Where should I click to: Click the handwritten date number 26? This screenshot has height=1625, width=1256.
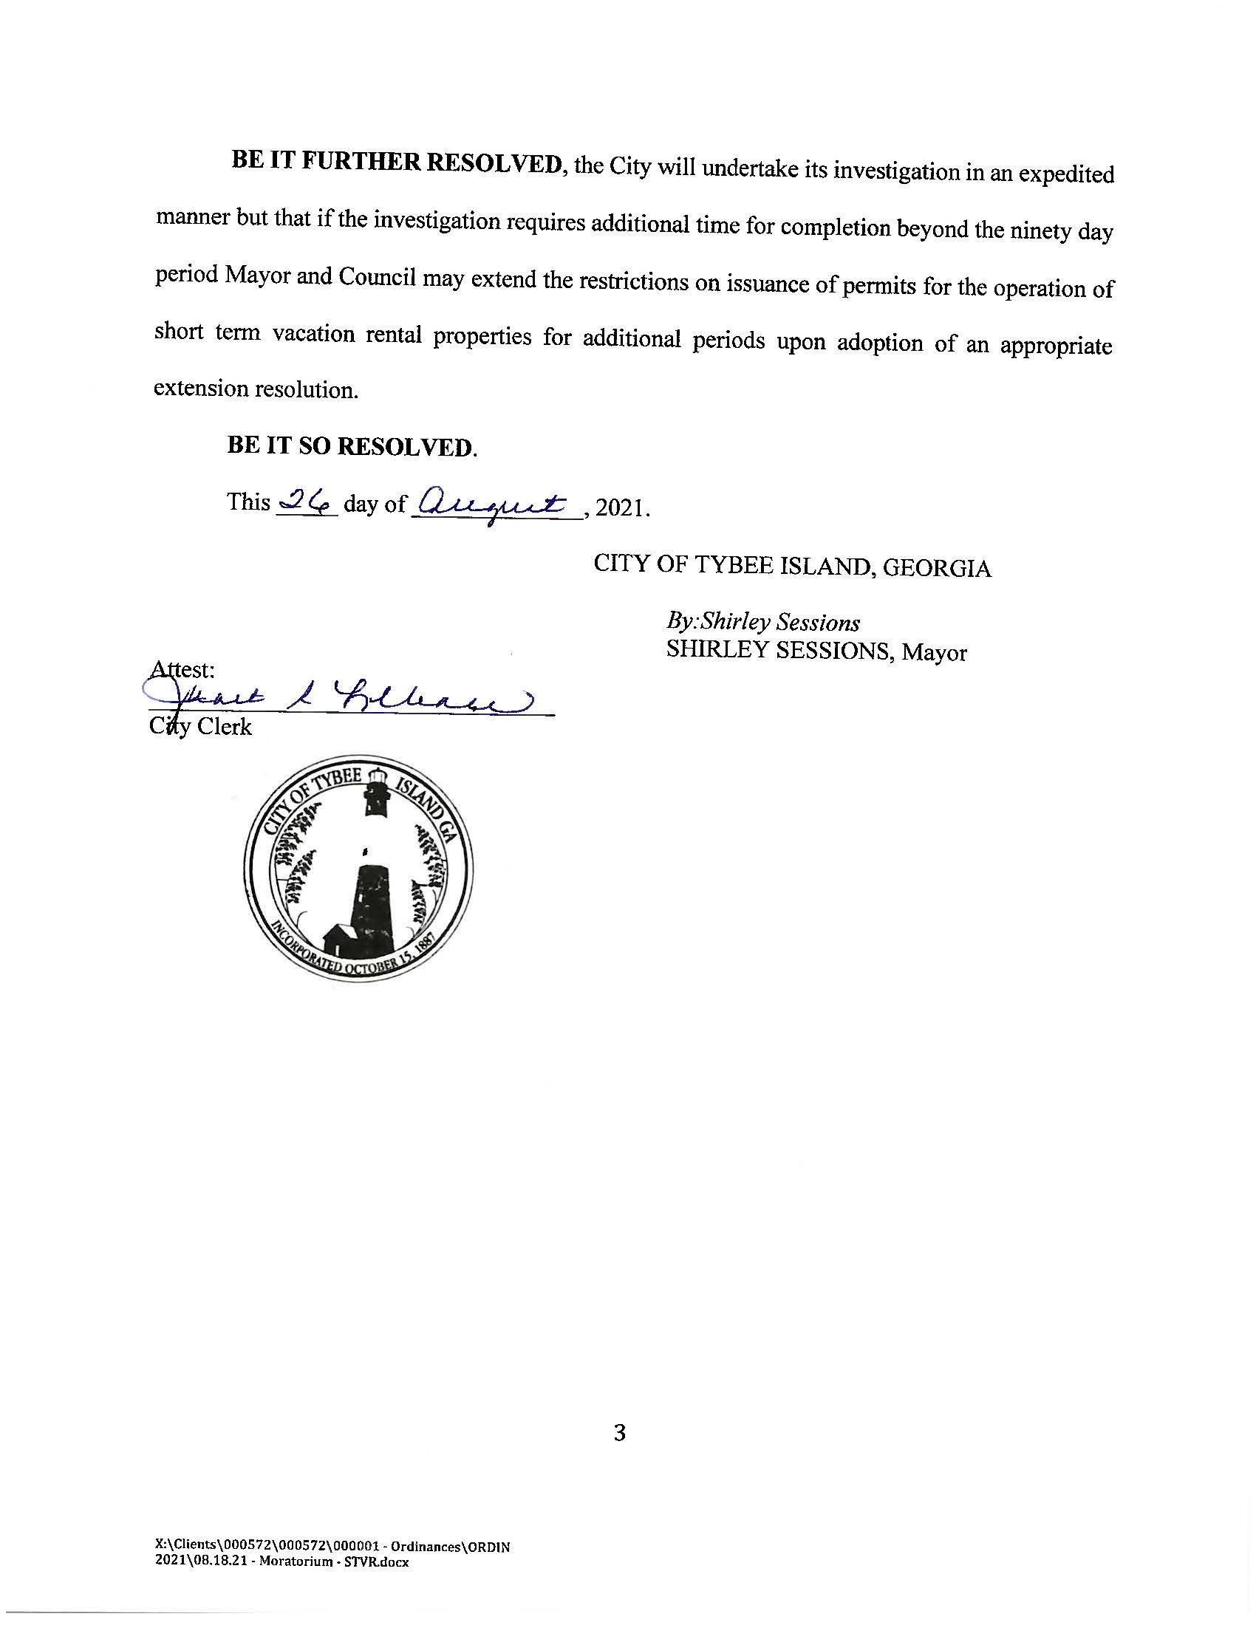pos(307,504)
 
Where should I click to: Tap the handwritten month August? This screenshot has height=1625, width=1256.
pos(494,505)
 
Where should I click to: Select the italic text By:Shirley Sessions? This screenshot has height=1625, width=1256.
pos(763,622)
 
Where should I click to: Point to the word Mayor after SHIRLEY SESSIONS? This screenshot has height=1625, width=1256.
pos(934,652)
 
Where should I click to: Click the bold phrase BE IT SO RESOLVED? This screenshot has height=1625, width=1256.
pos(352,446)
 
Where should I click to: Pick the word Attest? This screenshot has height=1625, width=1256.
pos(183,669)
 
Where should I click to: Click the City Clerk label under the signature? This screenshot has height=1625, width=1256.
pos(201,726)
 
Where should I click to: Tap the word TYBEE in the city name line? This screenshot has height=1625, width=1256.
pos(732,566)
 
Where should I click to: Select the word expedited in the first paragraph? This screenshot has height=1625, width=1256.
pos(1065,174)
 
